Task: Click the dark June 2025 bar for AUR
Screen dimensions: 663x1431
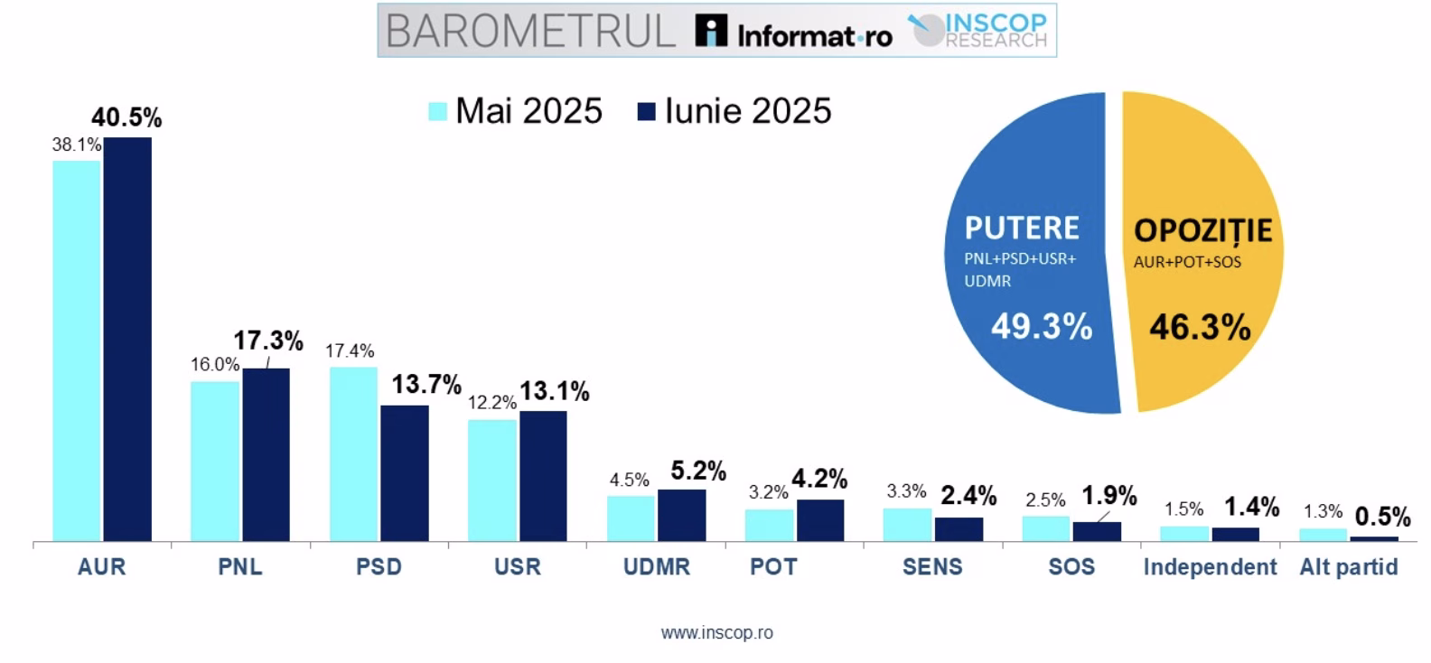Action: pos(127,339)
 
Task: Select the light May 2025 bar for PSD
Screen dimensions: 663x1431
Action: pos(353,453)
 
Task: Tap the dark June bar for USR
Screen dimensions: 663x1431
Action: pos(543,476)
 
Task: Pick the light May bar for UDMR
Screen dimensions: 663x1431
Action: pos(630,518)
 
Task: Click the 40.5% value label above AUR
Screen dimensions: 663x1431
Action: pos(126,117)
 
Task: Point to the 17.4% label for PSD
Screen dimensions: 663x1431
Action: pos(350,351)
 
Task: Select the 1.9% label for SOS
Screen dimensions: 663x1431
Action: pos(1108,496)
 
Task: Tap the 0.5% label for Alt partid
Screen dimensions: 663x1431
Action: pos(1383,517)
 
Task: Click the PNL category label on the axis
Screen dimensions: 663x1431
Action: pos(240,567)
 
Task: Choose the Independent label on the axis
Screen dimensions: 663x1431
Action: pos(1210,567)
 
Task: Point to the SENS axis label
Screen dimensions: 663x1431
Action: pos(932,567)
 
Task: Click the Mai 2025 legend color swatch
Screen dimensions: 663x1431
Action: pos(437,111)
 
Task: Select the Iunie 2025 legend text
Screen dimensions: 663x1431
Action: pos(748,111)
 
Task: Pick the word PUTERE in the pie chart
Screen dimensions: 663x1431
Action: pos(1022,228)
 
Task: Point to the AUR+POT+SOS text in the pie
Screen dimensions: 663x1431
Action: pos(1187,263)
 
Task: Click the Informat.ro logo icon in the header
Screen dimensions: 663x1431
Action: pos(711,31)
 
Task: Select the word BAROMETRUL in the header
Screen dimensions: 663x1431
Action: pos(531,31)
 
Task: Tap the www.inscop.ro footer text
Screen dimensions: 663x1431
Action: pos(716,633)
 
